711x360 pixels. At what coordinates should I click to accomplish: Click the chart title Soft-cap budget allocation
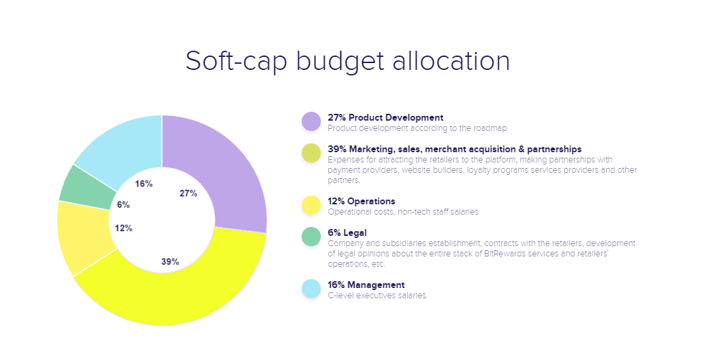[x=348, y=60]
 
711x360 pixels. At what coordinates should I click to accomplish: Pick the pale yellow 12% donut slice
[x=82, y=237]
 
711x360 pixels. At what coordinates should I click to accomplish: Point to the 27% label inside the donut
[x=189, y=193]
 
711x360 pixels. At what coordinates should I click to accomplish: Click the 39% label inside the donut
[x=170, y=261]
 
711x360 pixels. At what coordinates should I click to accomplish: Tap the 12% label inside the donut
[x=124, y=228]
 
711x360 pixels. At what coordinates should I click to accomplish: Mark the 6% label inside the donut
[x=123, y=204]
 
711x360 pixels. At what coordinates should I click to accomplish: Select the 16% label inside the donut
[x=144, y=184]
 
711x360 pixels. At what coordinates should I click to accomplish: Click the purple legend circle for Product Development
[x=311, y=121]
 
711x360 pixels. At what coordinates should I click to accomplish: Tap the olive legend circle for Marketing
[x=311, y=154]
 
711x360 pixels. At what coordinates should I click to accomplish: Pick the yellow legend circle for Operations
[x=311, y=205]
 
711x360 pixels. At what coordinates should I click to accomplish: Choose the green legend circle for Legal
[x=311, y=237]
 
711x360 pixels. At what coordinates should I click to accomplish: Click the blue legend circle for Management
[x=311, y=289]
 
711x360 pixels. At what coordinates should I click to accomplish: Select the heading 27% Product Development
[x=385, y=117]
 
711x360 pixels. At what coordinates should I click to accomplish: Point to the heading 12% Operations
[x=361, y=201]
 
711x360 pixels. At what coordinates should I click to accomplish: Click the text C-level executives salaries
[x=377, y=296]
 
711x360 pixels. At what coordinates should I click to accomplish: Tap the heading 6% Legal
[x=347, y=232]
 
